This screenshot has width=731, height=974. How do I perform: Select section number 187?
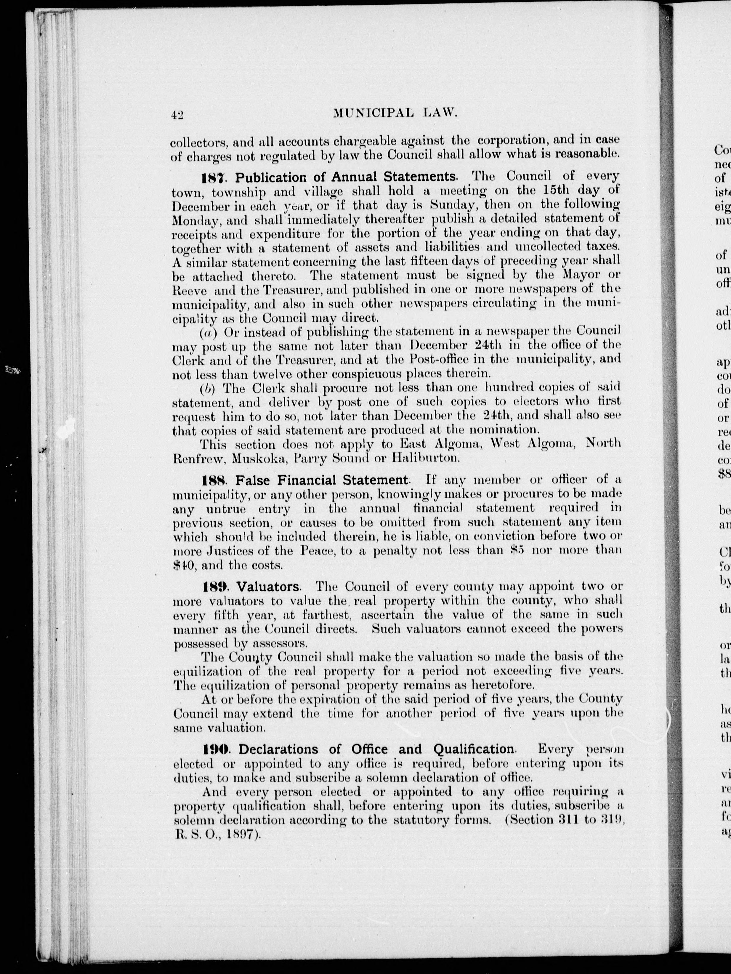(215, 178)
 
